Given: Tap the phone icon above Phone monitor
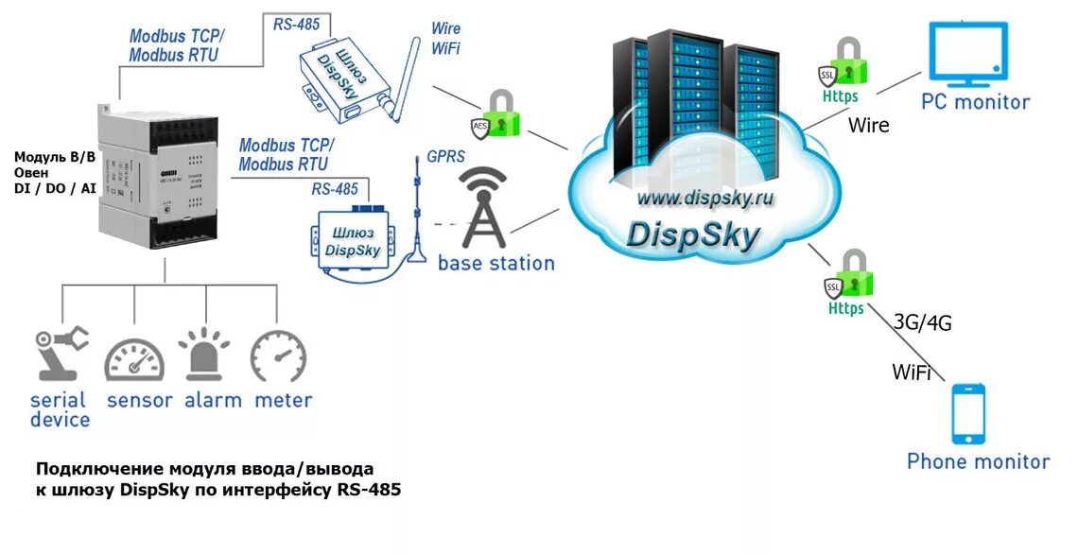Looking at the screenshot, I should (968, 413).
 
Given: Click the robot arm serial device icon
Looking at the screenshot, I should (61, 352).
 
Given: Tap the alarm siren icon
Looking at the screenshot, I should (205, 356).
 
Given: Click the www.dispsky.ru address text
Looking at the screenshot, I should (704, 198).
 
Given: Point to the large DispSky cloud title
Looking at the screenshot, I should (693, 234).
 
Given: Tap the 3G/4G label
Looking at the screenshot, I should (922, 322).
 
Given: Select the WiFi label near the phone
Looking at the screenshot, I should (911, 373).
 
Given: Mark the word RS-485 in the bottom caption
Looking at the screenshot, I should (369, 490).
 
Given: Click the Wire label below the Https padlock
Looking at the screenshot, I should (868, 124).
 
